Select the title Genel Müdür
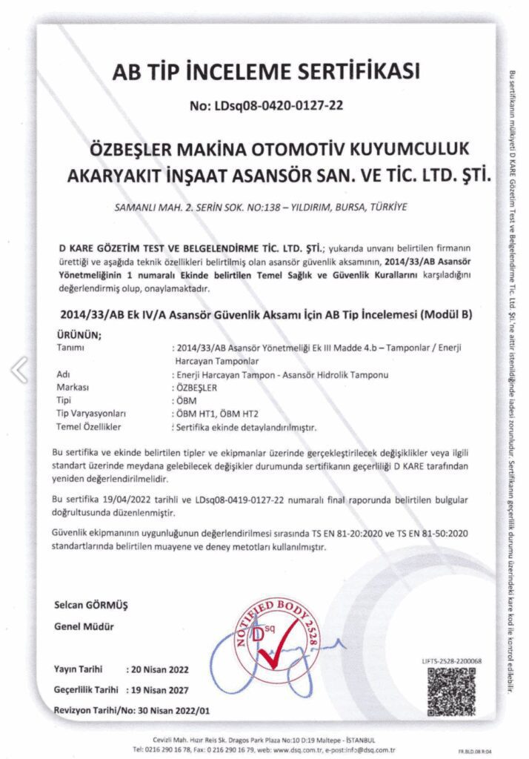coord(84,627)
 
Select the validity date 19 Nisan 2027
coord(163,689)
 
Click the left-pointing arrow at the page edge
coord(20,368)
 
